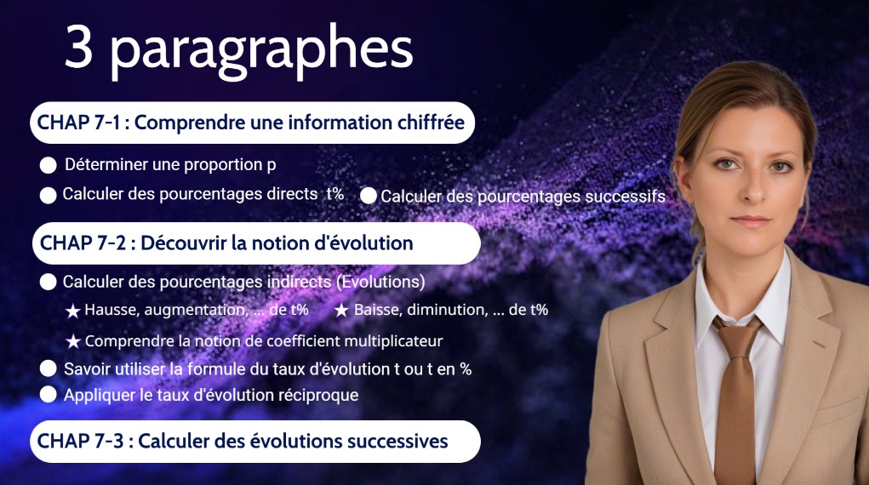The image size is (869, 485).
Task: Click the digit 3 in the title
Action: click(78, 47)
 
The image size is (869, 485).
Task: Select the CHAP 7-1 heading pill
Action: click(252, 123)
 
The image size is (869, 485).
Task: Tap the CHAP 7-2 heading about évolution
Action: click(256, 242)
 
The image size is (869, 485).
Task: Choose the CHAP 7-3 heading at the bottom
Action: click(255, 442)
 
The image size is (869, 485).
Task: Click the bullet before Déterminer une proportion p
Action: click(49, 165)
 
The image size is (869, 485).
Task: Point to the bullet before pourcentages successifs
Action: click(368, 196)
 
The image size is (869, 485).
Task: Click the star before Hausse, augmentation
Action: click(73, 311)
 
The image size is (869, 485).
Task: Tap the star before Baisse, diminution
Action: click(341, 311)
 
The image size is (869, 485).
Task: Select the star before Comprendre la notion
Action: click(73, 341)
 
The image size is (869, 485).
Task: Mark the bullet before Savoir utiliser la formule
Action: click(49, 368)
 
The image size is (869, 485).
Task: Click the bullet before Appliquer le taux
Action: click(49, 395)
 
